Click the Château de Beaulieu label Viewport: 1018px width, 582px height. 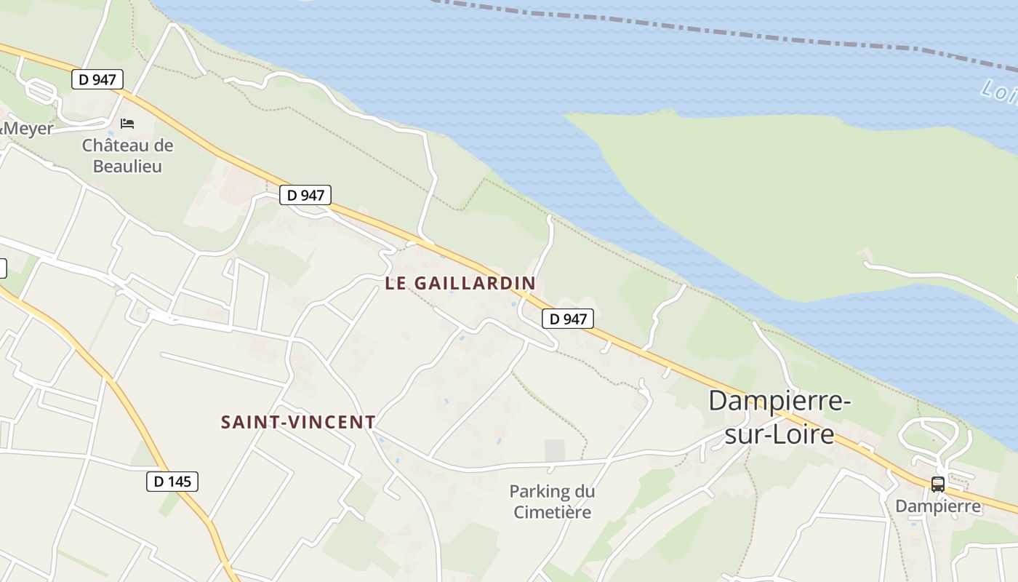click(127, 156)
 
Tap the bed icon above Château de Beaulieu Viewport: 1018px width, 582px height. click(127, 123)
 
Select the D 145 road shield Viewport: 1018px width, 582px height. click(172, 481)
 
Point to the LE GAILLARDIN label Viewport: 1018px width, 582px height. click(460, 283)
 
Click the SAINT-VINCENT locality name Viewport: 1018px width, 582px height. click(298, 422)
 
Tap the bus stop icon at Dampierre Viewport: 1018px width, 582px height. click(938, 484)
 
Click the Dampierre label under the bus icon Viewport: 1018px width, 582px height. click(938, 506)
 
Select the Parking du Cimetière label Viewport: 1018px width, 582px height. click(552, 501)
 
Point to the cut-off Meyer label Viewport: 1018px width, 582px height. click(28, 129)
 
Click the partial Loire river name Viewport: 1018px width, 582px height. click(998, 92)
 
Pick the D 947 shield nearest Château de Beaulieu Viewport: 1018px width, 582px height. click(97, 79)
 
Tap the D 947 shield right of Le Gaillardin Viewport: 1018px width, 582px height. click(568, 319)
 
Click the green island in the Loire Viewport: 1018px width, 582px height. click(800, 196)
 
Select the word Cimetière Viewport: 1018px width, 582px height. click(553, 512)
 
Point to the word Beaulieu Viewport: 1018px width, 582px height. click(127, 167)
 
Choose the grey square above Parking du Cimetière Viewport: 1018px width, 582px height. click(555, 450)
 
